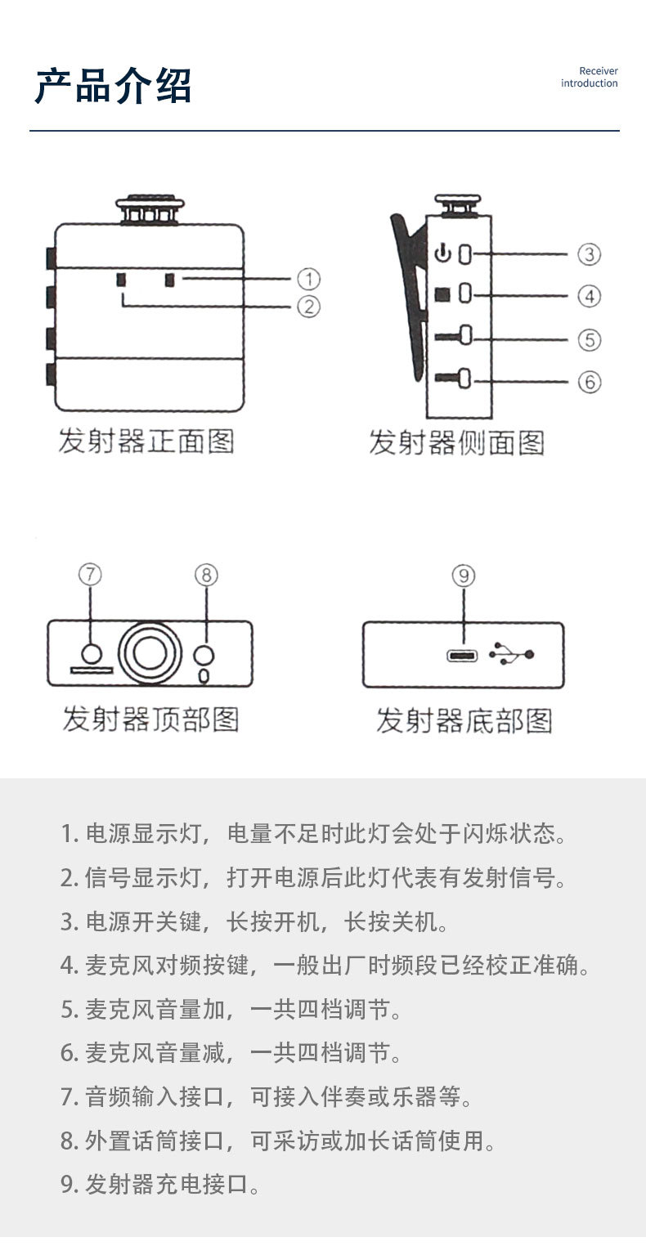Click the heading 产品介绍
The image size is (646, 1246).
[113, 86]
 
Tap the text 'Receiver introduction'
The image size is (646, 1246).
[589, 78]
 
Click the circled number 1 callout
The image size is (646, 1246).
[307, 280]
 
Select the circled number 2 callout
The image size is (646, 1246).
[307, 307]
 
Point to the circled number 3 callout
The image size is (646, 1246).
[589, 254]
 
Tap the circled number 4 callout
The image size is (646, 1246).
[589, 296]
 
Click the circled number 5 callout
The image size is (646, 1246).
[589, 339]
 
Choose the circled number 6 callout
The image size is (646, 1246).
[589, 382]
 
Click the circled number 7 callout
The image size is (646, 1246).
[90, 575]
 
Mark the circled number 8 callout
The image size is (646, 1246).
[206, 575]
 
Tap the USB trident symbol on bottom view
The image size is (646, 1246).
[511, 654]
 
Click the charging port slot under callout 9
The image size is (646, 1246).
[463, 655]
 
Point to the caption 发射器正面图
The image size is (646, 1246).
[146, 441]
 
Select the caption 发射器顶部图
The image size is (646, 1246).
[150, 719]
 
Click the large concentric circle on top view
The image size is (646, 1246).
[149, 652]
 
